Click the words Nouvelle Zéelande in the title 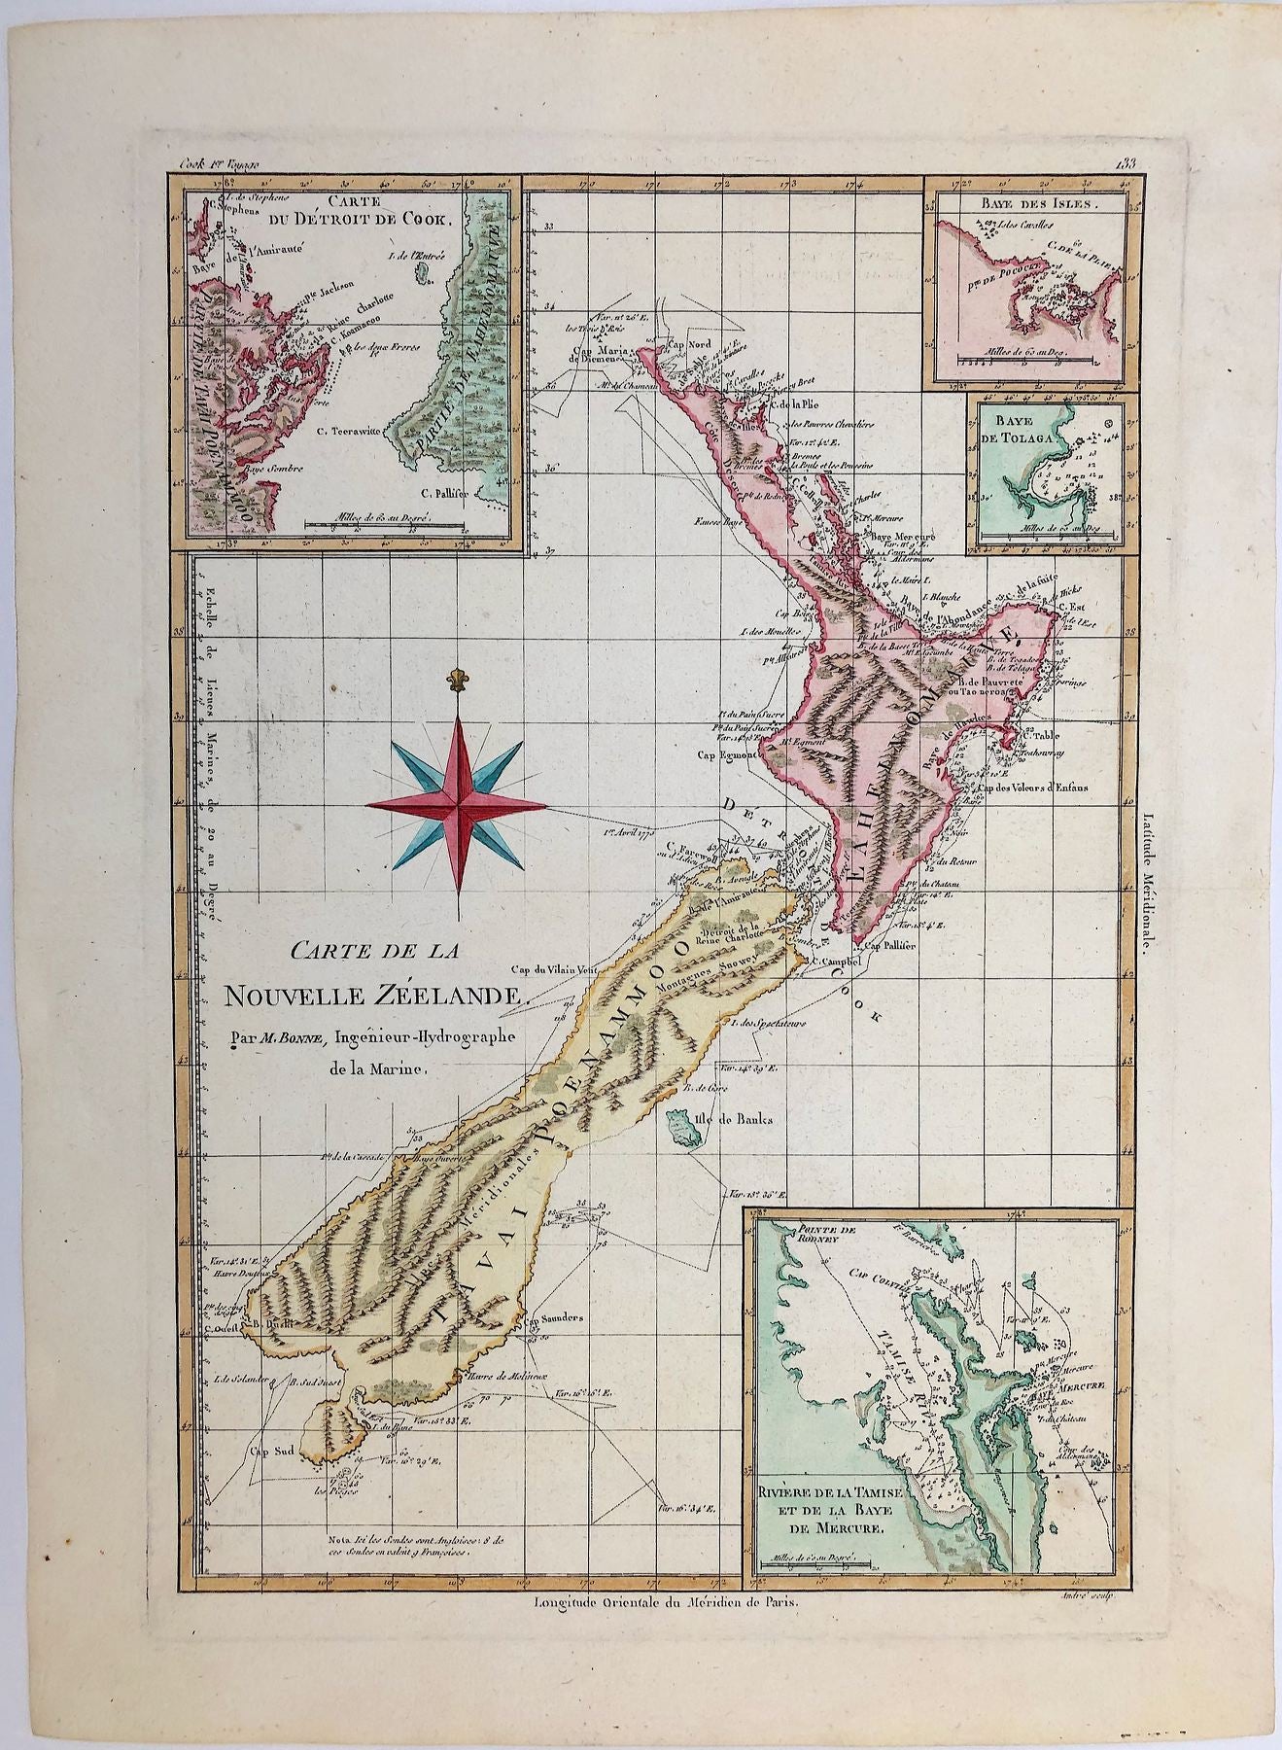(x=375, y=995)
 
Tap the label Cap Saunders (x=555, y=1319)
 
